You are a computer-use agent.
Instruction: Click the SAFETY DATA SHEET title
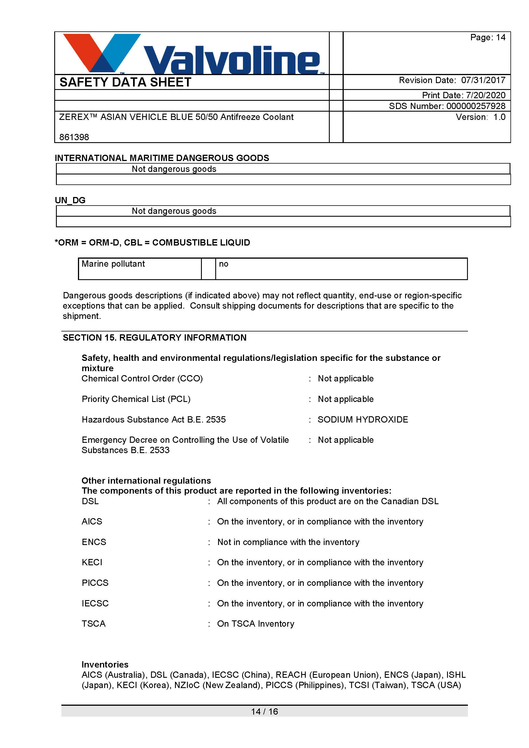coord(125,82)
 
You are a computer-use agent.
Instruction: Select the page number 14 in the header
coord(500,37)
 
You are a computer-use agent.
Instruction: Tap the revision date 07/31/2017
coord(483,80)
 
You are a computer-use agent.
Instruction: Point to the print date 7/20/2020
coord(485,95)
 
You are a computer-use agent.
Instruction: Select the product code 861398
coord(74,137)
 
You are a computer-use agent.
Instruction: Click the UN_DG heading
coord(70,200)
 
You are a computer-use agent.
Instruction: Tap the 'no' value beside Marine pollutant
coord(224,264)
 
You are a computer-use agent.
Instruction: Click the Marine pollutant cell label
coord(113,264)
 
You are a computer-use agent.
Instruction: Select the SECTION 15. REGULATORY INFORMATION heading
coord(154,337)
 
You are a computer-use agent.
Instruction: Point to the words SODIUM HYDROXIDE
coord(363,420)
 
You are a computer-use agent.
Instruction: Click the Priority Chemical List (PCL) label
coord(136,399)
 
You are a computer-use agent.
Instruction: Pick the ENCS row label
coord(94,542)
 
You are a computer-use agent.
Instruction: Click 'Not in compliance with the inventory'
coord(288,542)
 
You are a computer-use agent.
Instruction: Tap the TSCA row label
coord(93,624)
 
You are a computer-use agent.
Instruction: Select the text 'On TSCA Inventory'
coord(256,624)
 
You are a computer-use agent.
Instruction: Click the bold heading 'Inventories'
coord(105,665)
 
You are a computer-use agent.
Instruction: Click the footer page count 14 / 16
coord(264,711)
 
